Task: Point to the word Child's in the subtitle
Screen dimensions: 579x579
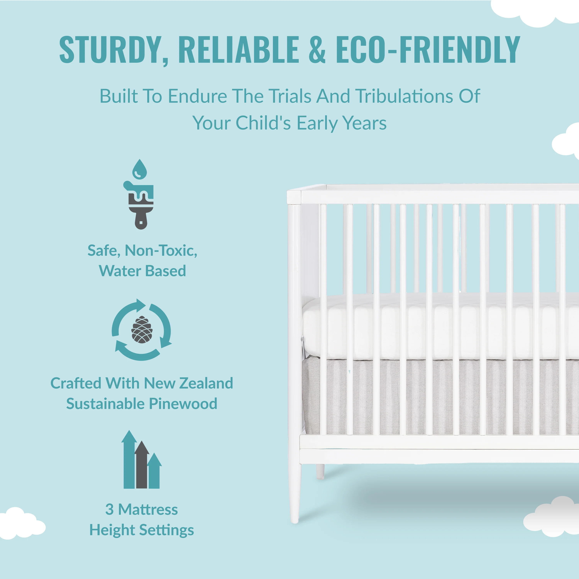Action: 263,123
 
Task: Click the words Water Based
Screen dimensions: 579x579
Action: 142,271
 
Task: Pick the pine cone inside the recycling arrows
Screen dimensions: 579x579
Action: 142,330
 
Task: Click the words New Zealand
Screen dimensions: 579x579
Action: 189,383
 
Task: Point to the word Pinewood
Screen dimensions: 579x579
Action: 183,404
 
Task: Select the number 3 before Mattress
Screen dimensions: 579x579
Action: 109,510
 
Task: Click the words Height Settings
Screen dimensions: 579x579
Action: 141,530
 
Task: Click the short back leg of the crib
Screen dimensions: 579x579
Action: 320,471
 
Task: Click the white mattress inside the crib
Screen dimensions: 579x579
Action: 441,327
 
